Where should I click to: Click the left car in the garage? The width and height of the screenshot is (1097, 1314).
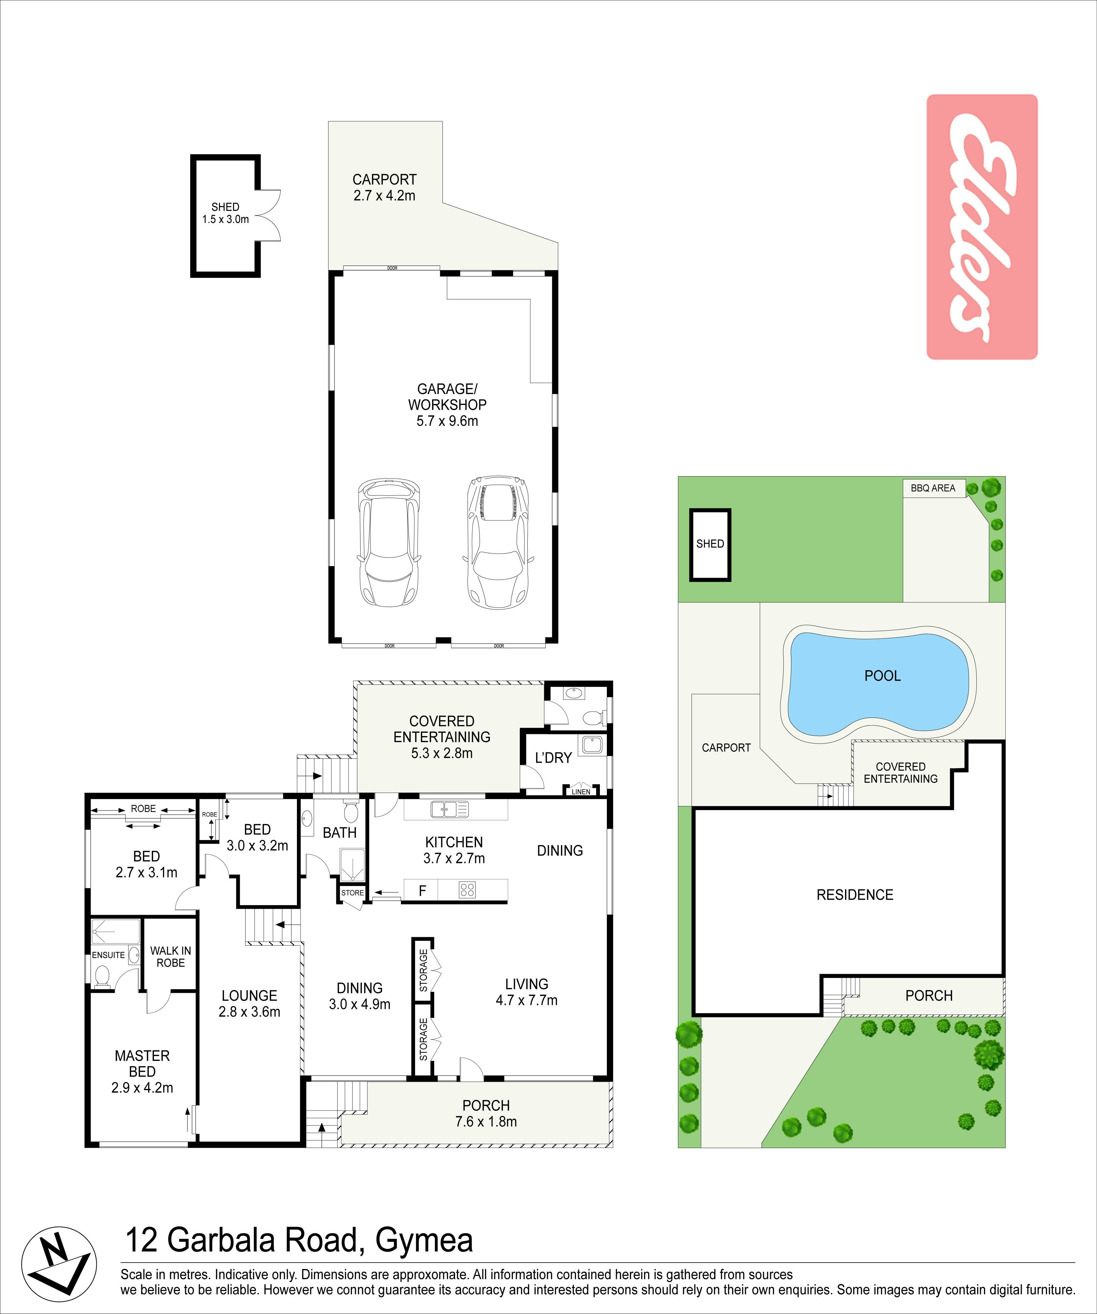[x=388, y=542]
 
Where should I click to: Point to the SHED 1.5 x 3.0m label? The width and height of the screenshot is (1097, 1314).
[x=225, y=213]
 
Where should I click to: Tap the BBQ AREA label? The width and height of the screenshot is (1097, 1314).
[x=933, y=488]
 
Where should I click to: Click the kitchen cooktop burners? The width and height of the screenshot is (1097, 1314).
[x=467, y=889]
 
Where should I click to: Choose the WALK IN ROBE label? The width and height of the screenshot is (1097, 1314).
[x=170, y=957]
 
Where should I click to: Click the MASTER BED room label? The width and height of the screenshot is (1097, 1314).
[x=142, y=1071]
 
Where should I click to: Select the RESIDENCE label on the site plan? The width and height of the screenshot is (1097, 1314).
[x=855, y=895]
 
